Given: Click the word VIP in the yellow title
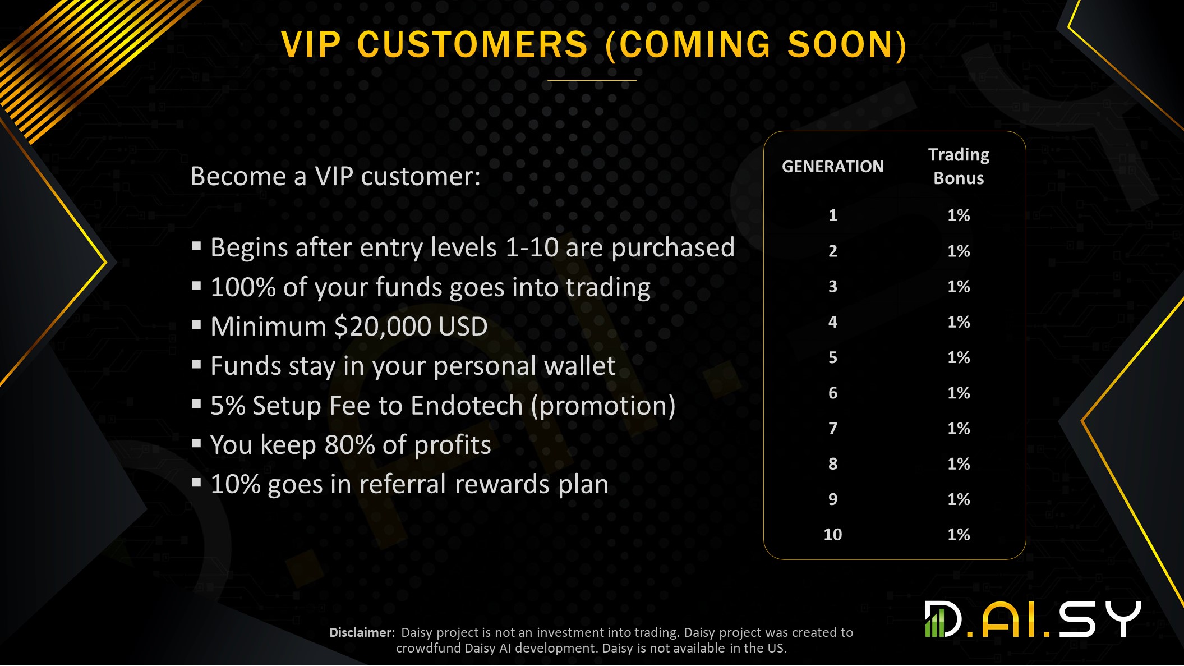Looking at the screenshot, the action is click(x=311, y=44).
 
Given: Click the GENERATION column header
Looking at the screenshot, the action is click(x=832, y=167).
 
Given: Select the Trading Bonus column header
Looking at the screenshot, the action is click(x=959, y=167).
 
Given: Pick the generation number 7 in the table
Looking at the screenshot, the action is click(x=833, y=429).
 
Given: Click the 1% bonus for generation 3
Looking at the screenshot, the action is click(x=959, y=287).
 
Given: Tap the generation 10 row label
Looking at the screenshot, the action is click(x=833, y=535).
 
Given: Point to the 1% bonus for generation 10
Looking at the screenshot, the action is click(x=959, y=535).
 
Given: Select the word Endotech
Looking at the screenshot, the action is click(x=467, y=406).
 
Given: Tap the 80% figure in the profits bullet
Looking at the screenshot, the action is click(x=349, y=445).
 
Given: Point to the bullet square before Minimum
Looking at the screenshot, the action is click(x=196, y=325).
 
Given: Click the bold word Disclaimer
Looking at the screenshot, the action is click(x=361, y=632).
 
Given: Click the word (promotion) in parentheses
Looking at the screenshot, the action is click(x=603, y=406).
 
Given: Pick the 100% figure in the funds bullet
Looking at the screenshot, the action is click(x=243, y=287).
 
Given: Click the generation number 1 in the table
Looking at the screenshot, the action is click(x=833, y=215).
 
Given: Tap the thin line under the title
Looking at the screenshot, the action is click(x=592, y=80).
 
